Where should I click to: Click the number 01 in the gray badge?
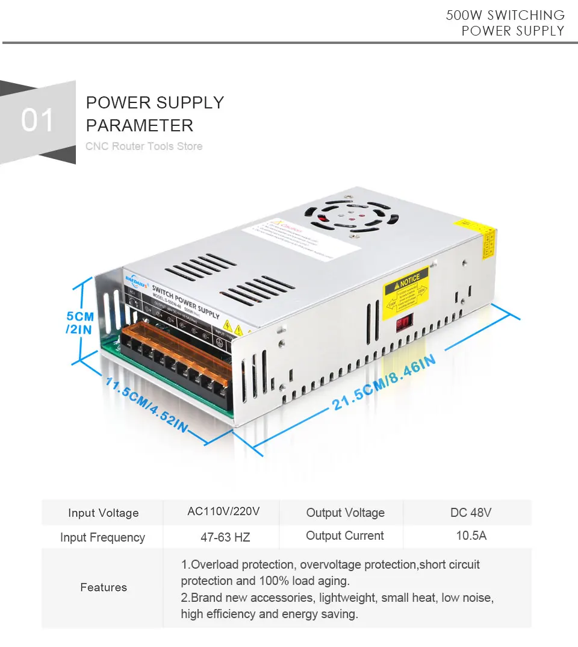click(x=37, y=120)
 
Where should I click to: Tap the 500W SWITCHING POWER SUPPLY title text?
click(x=505, y=23)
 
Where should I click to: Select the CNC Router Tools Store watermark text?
click(x=144, y=146)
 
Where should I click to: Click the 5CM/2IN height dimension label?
click(x=79, y=322)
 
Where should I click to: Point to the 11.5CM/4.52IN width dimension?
click(x=146, y=404)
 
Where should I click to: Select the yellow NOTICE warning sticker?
click(x=406, y=289)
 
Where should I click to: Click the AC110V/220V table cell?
click(x=223, y=512)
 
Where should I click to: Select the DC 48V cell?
click(x=471, y=513)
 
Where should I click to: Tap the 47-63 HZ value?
click(x=225, y=537)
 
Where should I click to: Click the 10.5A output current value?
click(x=471, y=535)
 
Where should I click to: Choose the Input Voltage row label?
click(x=103, y=513)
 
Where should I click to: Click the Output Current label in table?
click(x=344, y=536)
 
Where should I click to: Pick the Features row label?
click(x=104, y=587)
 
